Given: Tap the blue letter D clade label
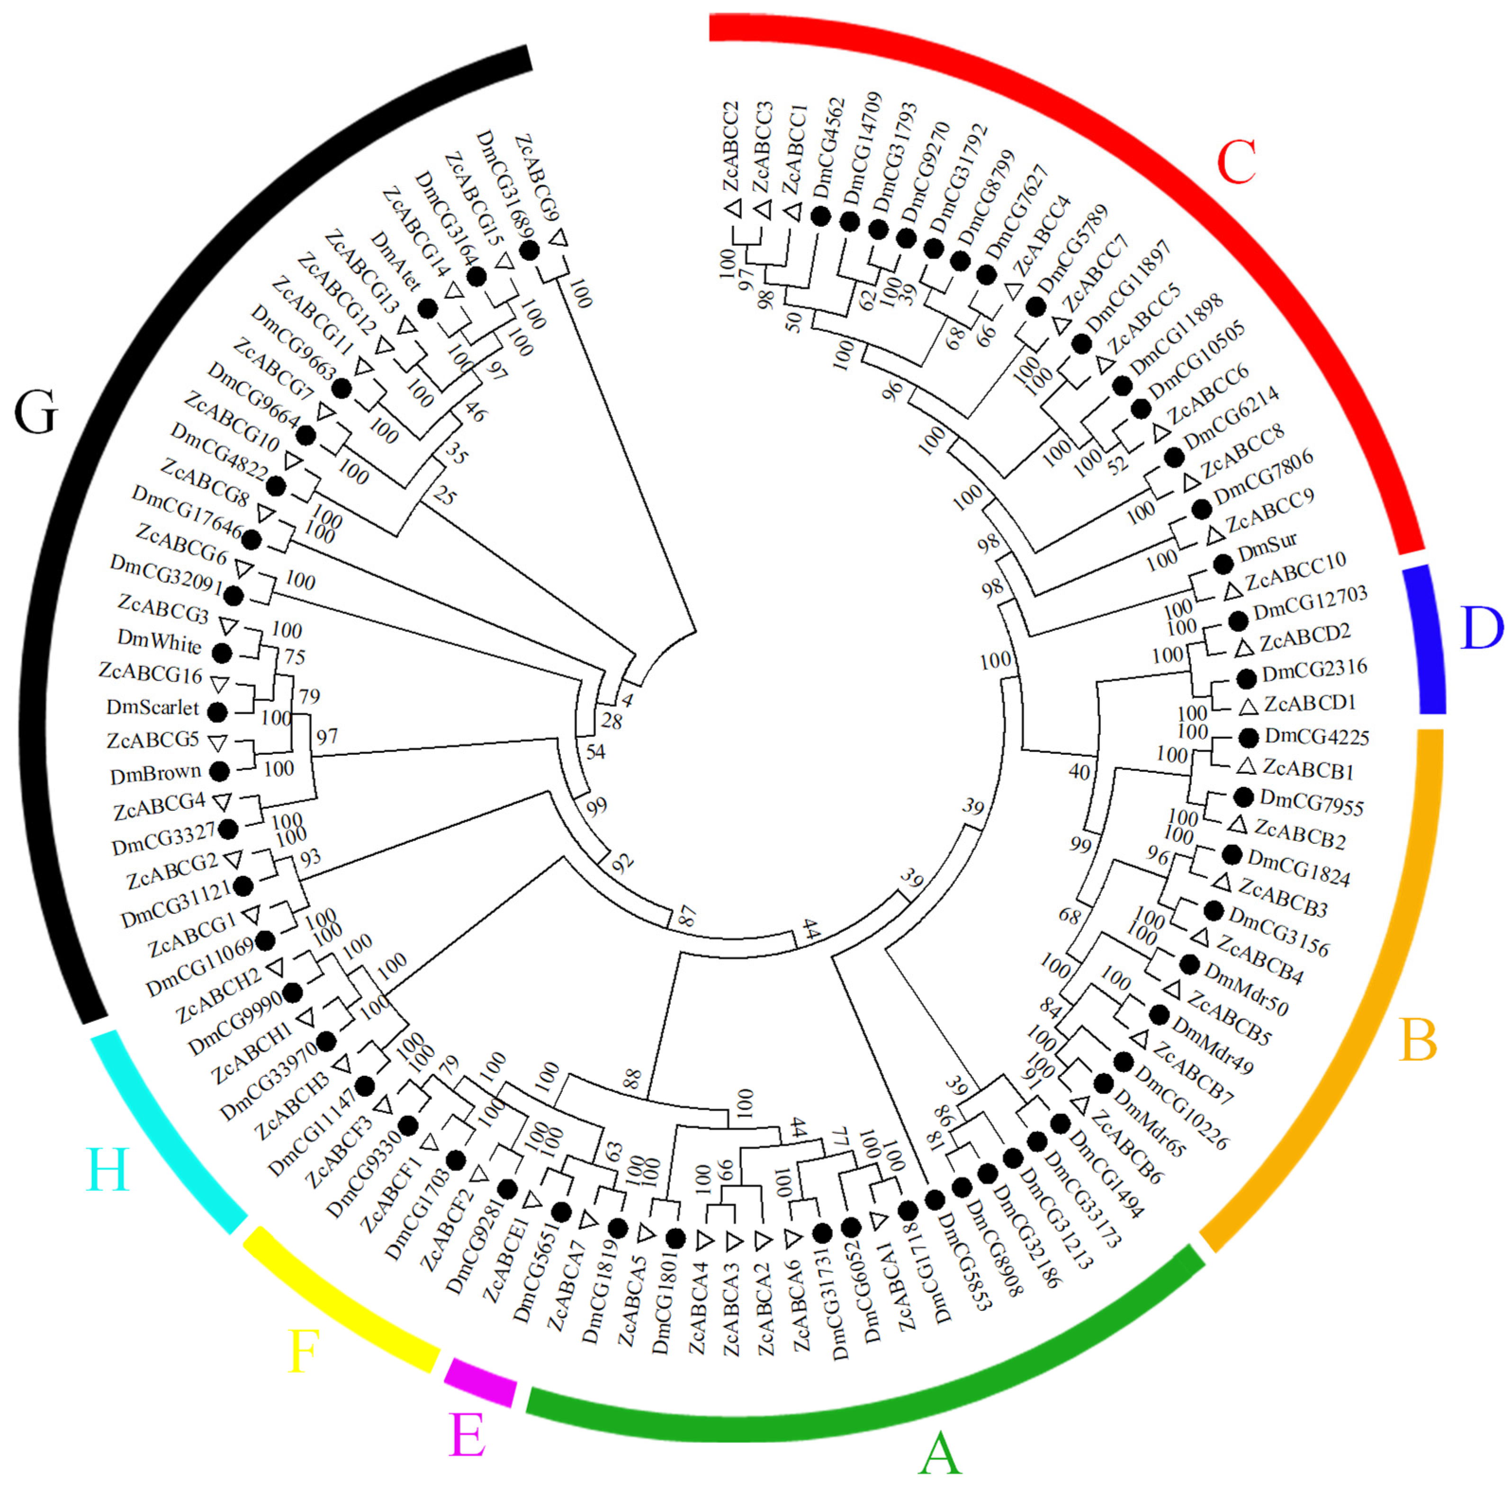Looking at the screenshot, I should point(1481,628).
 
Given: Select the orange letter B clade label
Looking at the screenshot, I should point(1418,1040).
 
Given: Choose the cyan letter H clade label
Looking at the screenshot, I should point(108,1171).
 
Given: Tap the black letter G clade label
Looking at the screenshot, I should point(36,412).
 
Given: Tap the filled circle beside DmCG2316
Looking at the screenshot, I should point(1247,678).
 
